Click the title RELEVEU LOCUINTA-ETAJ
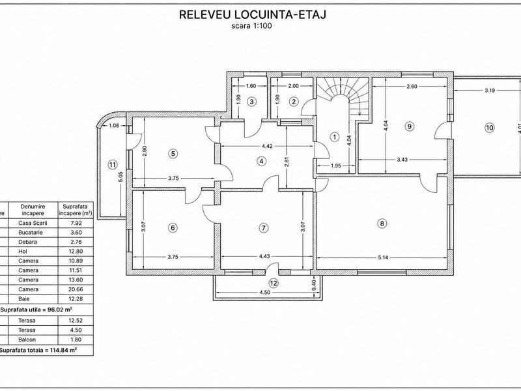coord(253,14)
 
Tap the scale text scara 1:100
coord(251,26)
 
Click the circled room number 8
coord(382,224)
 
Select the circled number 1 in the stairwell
coord(335,137)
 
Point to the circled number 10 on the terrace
coord(490,128)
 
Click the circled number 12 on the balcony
coord(274,283)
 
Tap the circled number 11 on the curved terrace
coord(113,164)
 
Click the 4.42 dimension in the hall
coord(267,146)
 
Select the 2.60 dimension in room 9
coord(412,87)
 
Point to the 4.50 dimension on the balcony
coord(265,293)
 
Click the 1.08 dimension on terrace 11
coord(113,125)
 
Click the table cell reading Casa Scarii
coord(33,223)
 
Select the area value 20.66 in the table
coord(76,289)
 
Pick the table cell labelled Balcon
coord(27,340)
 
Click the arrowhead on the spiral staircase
coord(360,113)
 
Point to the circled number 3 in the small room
coord(252,102)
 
